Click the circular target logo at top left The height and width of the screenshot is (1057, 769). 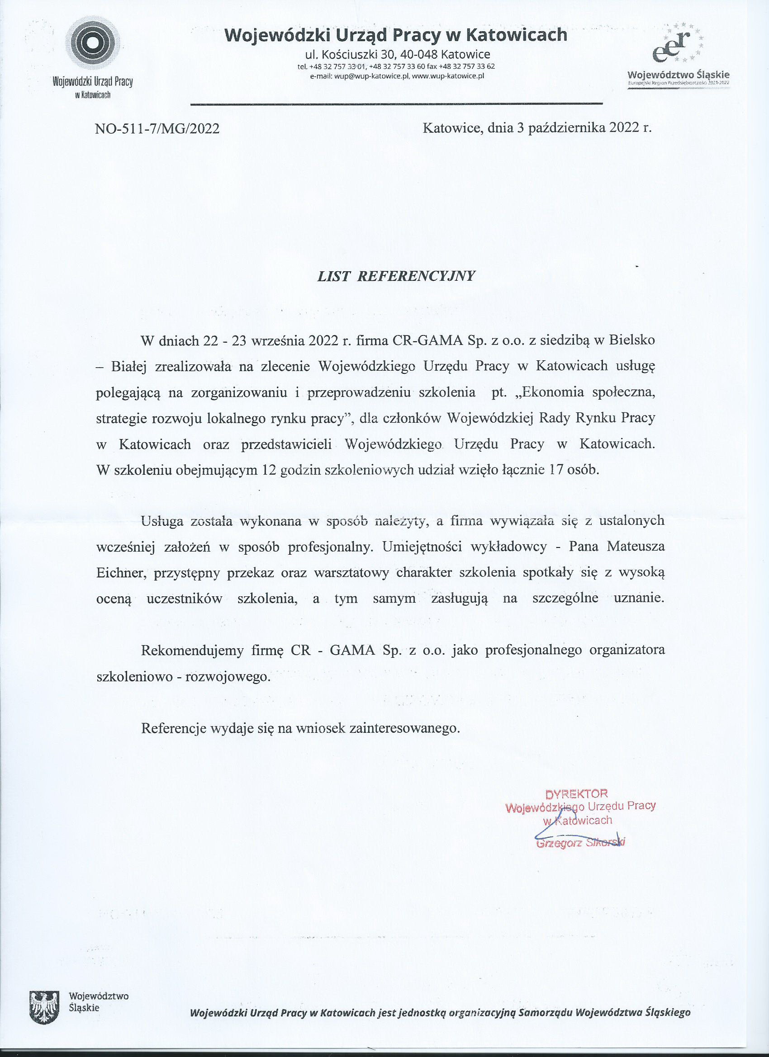tap(93, 43)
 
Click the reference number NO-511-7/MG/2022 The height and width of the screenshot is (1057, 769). tap(157, 129)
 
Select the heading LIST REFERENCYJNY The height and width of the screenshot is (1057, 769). tap(396, 276)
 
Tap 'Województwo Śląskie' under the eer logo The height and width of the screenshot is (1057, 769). tap(679, 75)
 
